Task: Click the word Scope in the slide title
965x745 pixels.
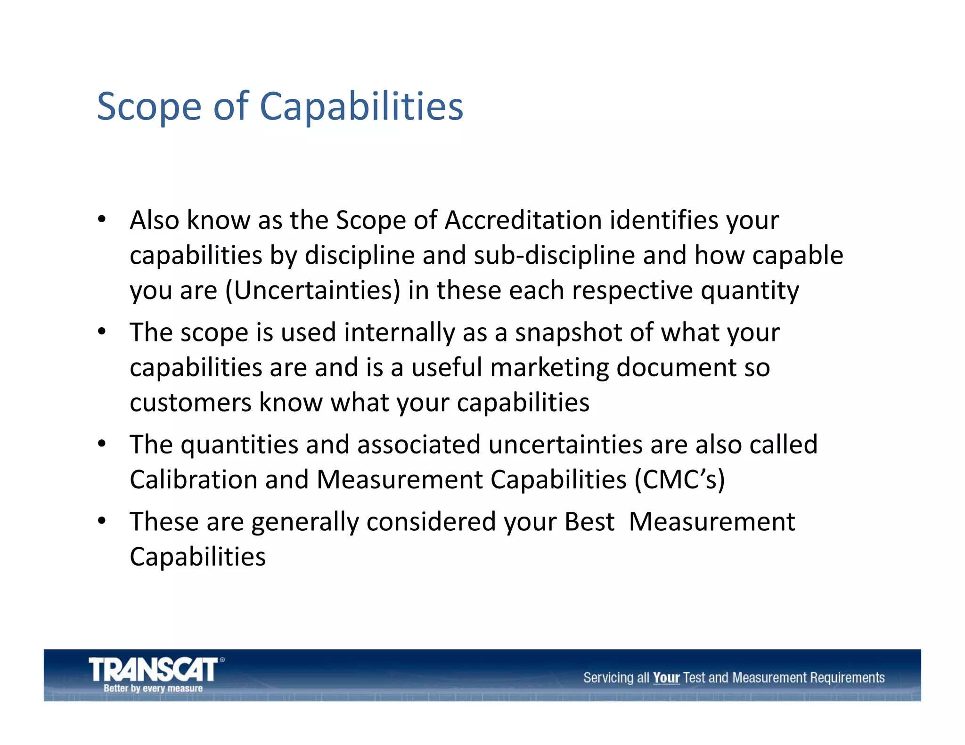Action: (149, 107)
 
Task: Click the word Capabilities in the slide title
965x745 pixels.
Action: (361, 106)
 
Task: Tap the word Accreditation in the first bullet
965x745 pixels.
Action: (523, 220)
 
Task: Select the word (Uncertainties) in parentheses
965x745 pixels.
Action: (313, 291)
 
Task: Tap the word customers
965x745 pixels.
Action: (191, 403)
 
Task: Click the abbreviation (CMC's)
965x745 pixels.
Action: (679, 480)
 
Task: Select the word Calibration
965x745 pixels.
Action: (194, 480)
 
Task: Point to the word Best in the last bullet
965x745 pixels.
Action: (589, 522)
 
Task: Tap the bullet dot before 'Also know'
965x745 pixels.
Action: (102, 219)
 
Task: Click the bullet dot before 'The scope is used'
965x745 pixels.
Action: (102, 332)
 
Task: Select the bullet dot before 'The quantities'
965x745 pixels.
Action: (102, 444)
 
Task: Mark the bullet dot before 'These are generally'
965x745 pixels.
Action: (102, 521)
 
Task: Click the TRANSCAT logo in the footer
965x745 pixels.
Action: (154, 669)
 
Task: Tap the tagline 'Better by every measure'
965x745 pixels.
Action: (153, 688)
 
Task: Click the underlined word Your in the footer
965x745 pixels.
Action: (666, 678)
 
